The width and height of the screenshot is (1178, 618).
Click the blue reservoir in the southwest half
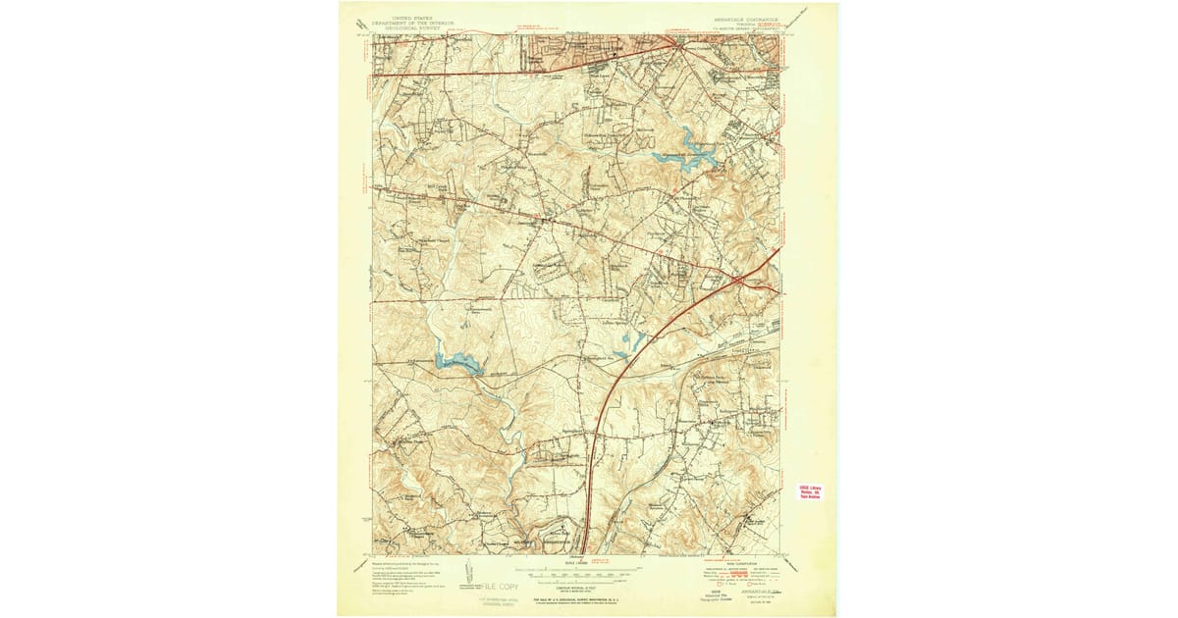[457, 364]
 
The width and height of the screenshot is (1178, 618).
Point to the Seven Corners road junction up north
[678, 44]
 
